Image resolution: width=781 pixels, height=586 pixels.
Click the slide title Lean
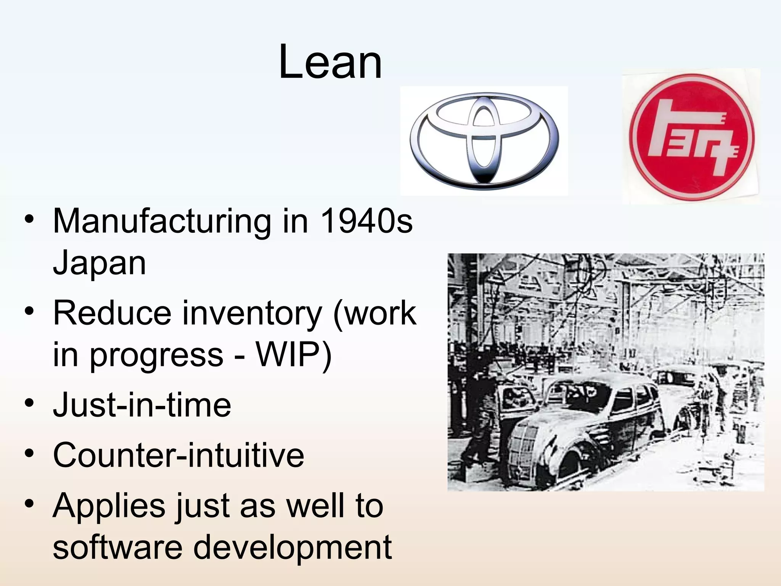[330, 63]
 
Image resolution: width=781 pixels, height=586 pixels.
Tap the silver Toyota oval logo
[484, 141]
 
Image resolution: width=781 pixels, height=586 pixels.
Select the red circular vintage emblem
[691, 137]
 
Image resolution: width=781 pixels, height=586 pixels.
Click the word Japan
[100, 263]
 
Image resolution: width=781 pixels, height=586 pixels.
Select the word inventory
[252, 313]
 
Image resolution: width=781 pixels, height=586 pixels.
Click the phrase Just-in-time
[142, 405]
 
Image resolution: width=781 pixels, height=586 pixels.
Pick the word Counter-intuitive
[178, 455]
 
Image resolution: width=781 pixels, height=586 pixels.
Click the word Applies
[109, 507]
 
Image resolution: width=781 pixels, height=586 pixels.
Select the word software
[117, 547]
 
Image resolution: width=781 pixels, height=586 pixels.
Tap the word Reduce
[112, 313]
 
